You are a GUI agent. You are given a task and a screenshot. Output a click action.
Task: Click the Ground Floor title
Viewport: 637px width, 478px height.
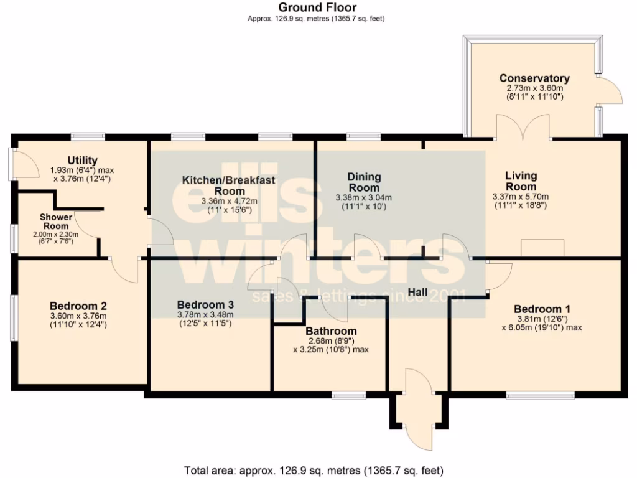[317, 7]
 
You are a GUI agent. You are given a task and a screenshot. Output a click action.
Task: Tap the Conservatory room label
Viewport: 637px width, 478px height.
[534, 78]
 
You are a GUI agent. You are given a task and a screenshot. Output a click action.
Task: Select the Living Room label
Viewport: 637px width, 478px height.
[521, 181]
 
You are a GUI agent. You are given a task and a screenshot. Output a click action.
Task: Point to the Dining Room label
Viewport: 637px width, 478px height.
[364, 182]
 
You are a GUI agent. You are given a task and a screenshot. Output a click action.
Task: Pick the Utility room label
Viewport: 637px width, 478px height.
[82, 161]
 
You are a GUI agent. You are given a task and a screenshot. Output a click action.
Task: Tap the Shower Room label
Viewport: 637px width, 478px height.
[56, 221]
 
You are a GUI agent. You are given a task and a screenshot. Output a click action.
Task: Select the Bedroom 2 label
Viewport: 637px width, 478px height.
[78, 306]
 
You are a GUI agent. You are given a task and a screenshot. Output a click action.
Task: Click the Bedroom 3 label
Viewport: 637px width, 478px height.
[205, 305]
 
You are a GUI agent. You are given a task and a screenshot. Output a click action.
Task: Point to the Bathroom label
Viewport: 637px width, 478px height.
[331, 331]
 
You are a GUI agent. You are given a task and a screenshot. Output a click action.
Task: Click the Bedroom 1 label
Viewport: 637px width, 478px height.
[542, 309]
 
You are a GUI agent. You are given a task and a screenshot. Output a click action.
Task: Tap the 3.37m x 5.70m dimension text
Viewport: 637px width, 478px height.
[521, 197]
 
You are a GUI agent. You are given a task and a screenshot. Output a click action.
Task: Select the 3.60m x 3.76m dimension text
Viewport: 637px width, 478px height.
[78, 316]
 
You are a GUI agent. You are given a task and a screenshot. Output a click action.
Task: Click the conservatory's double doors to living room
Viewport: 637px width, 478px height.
[523, 127]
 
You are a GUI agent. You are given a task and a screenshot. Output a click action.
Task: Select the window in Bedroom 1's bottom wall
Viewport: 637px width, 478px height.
[540, 395]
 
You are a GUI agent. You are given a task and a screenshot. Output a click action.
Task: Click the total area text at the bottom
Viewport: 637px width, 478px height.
[314, 469]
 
